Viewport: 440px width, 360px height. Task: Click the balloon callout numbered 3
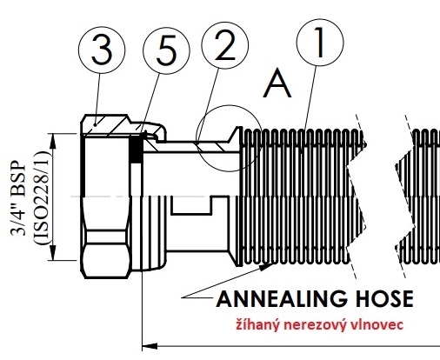(x=102, y=50)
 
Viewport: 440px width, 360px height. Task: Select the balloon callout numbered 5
(x=166, y=51)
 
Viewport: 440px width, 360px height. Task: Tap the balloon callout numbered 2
(x=225, y=45)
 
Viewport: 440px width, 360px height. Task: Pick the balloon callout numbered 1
(x=320, y=43)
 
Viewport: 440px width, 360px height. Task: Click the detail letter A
(x=277, y=84)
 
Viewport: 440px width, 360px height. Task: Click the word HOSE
(x=384, y=299)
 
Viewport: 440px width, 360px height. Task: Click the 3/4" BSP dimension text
(x=18, y=197)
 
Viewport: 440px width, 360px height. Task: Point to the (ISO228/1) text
(x=41, y=197)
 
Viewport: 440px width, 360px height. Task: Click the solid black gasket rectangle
(x=136, y=150)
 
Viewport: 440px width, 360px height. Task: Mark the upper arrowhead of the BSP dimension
(x=53, y=141)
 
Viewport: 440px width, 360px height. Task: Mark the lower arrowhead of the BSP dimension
(x=53, y=252)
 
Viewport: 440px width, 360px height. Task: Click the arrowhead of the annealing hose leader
(x=266, y=266)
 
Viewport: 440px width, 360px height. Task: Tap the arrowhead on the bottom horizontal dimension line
(x=150, y=346)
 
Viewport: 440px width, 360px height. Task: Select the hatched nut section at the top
(x=106, y=125)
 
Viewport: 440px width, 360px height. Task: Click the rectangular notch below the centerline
(x=191, y=206)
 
